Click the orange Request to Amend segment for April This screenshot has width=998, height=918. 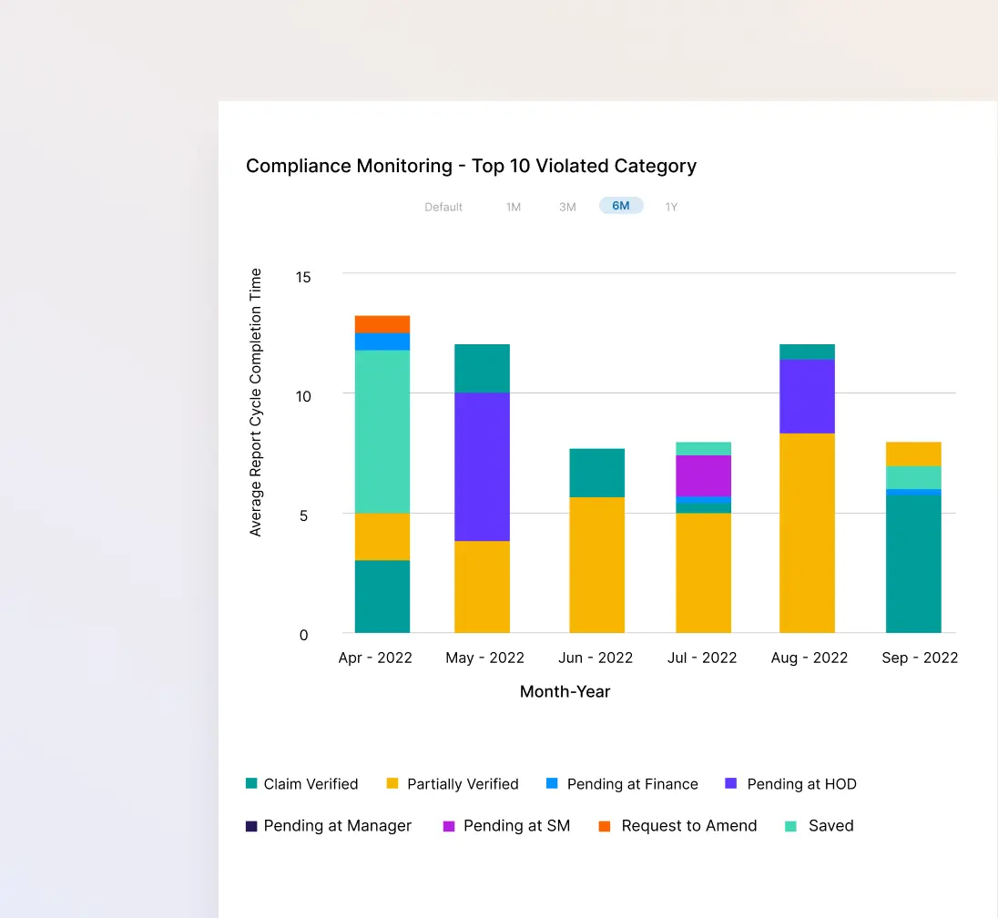(382, 324)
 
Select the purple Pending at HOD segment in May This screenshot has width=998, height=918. (482, 466)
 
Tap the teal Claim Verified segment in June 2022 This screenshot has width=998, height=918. (596, 473)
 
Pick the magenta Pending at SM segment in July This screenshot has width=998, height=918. (703, 475)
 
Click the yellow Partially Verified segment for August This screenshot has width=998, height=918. (807, 533)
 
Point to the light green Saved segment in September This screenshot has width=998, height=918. (913, 477)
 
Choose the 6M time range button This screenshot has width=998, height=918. (621, 206)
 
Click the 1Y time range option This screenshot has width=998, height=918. (671, 207)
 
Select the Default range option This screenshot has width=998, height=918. (443, 207)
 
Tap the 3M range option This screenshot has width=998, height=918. (567, 207)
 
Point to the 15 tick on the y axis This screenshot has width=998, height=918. (302, 276)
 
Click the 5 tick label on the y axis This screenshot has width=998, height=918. (304, 515)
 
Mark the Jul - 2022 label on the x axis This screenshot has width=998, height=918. (701, 658)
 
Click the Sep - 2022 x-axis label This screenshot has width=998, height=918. (920, 658)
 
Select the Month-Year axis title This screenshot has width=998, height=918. (565, 691)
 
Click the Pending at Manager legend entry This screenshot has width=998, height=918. (329, 826)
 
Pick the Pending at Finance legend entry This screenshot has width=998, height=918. (623, 784)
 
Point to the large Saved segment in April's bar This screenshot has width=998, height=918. (382, 432)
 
